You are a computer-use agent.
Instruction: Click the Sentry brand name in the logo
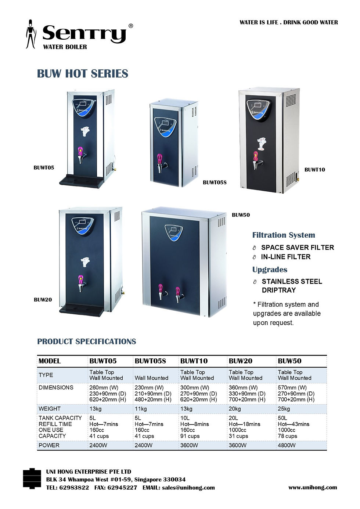coord(84,34)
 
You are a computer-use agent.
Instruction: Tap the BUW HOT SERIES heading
coord(83,73)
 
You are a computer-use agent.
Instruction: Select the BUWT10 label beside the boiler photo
coord(314,170)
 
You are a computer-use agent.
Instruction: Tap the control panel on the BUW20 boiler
coord(83,226)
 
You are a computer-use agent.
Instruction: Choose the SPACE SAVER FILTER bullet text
coord(298,247)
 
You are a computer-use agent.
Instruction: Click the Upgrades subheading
coord(270,269)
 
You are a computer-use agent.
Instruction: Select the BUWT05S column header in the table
coord(150,361)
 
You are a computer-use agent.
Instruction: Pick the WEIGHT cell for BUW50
coord(284,409)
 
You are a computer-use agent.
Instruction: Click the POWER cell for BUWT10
coord(189,445)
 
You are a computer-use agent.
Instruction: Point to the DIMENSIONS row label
coord(56,387)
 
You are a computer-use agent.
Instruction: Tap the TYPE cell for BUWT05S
coord(151,378)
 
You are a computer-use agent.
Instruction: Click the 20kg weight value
coord(235,409)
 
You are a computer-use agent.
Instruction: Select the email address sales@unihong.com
coord(188,488)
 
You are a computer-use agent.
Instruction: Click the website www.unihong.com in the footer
coord(313,487)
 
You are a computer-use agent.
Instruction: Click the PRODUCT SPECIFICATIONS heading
coord(87,341)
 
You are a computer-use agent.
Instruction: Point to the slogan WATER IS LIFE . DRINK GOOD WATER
coord(289,22)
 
